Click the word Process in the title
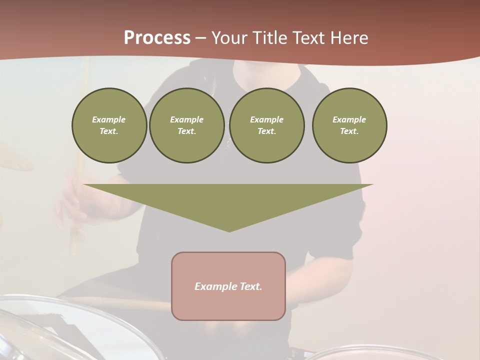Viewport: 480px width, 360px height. click(157, 37)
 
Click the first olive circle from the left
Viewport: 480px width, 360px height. click(109, 125)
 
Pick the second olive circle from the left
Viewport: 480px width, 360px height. click(186, 125)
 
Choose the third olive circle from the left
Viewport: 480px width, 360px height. click(266, 125)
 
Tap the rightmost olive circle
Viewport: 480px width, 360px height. click(349, 125)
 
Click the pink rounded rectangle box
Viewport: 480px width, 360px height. click(228, 305)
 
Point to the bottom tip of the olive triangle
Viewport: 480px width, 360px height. click(229, 231)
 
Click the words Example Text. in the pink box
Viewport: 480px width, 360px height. click(228, 286)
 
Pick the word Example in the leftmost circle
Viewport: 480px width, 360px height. click(109, 119)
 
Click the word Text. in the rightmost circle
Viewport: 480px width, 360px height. click(349, 131)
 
